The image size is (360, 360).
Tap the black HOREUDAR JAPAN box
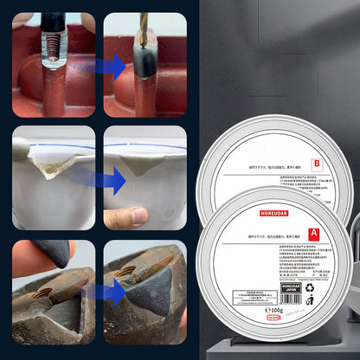click(275, 315)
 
